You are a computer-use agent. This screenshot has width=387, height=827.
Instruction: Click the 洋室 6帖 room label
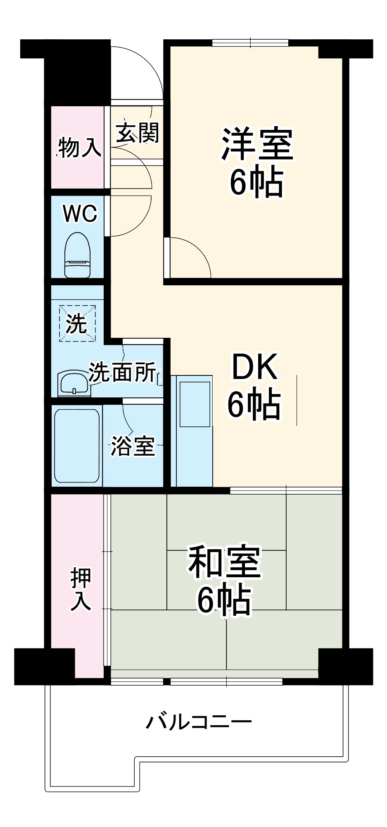click(256, 162)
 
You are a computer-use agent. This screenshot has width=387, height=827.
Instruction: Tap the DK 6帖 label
click(254, 385)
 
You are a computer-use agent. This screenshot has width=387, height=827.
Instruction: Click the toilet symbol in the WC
click(77, 255)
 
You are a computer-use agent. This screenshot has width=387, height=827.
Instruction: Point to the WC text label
click(80, 214)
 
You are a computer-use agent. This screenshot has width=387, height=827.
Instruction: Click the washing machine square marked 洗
click(77, 323)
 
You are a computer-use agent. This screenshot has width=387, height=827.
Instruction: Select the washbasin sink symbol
click(74, 383)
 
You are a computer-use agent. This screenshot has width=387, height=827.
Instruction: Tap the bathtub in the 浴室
click(77, 446)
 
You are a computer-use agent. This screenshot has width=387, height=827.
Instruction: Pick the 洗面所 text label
click(123, 372)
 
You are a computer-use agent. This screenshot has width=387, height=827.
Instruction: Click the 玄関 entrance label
click(137, 133)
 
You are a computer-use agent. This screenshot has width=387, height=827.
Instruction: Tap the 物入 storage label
click(78, 148)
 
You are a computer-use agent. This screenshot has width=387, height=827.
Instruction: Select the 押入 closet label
click(80, 589)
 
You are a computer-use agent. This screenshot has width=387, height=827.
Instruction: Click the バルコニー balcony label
click(199, 722)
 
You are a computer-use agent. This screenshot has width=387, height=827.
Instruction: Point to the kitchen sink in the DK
click(194, 404)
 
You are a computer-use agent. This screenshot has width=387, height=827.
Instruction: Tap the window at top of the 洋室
click(250, 43)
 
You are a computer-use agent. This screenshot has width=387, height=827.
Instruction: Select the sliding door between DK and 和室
click(286, 490)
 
